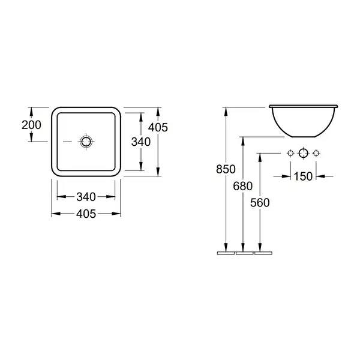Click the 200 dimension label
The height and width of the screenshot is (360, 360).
[x=31, y=125]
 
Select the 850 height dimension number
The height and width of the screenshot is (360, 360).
[x=226, y=169]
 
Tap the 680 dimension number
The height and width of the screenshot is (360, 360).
[x=242, y=186]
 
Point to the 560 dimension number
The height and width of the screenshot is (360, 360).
[x=260, y=203]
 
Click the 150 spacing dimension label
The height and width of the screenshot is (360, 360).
[x=303, y=176]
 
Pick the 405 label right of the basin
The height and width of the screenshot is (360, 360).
[x=158, y=127]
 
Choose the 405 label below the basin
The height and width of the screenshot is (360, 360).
[x=86, y=214]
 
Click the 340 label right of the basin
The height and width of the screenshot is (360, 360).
[x=141, y=142]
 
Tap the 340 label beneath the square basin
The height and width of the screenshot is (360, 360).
[x=86, y=197]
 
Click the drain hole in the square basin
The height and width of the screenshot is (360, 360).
[x=86, y=142]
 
